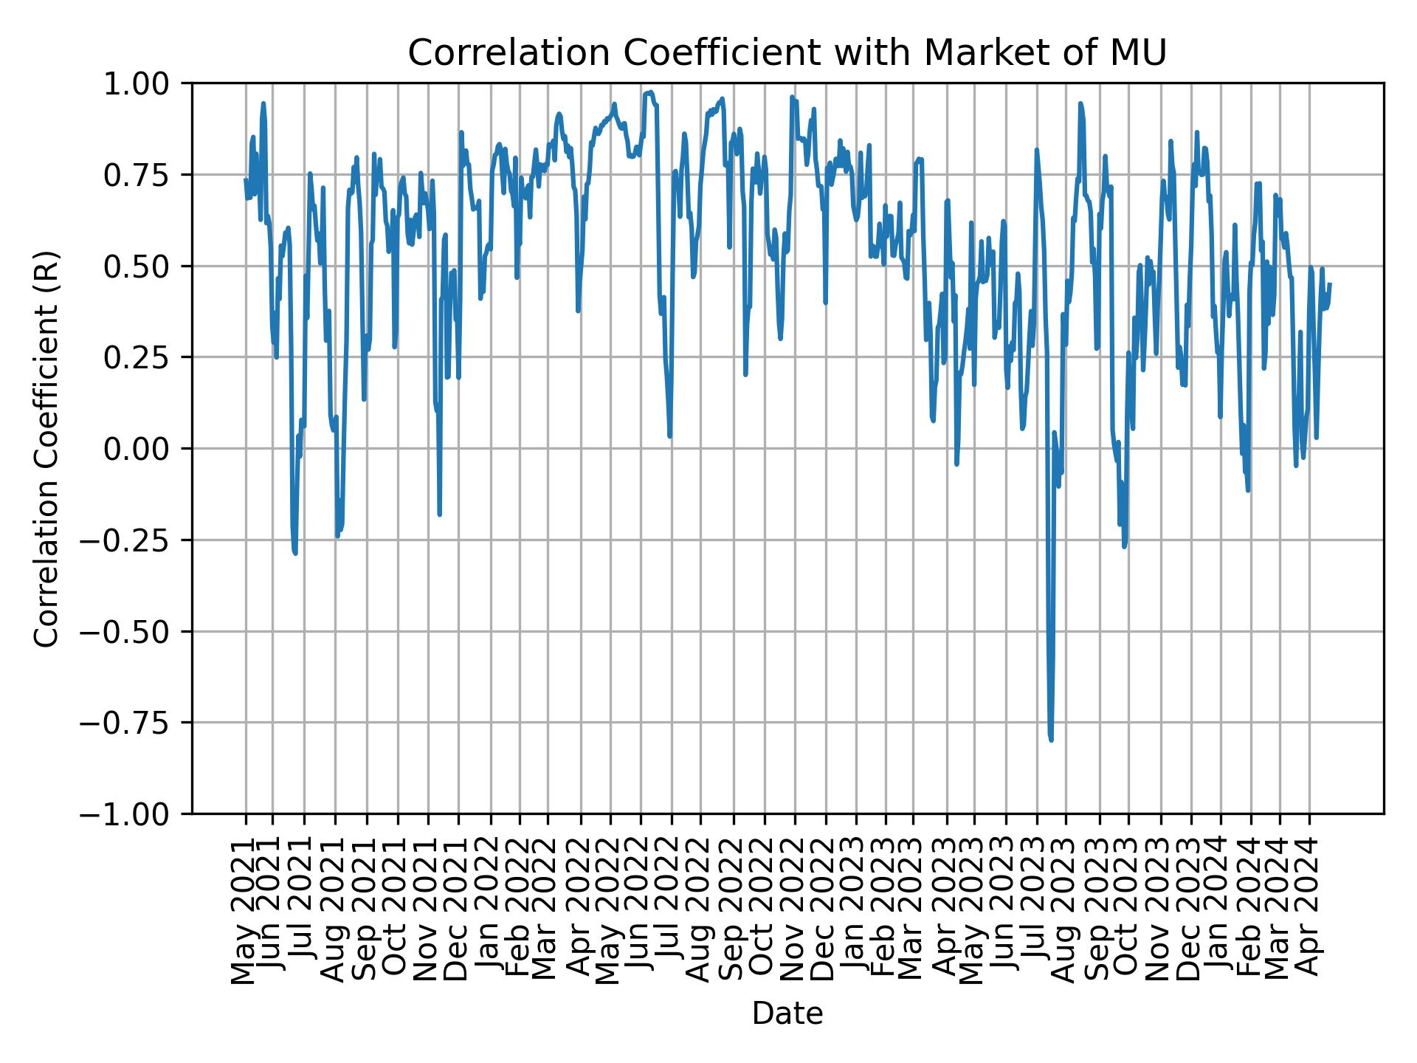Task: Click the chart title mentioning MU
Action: [787, 53]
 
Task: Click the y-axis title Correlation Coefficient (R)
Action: [46, 448]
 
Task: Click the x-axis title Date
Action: [787, 1014]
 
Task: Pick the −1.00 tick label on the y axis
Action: [137, 814]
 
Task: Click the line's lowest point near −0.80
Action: [1051, 740]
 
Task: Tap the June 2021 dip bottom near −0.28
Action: [296, 553]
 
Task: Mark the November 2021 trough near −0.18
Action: [439, 515]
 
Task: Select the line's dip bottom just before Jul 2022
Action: [669, 436]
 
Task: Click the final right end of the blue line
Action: [1330, 283]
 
